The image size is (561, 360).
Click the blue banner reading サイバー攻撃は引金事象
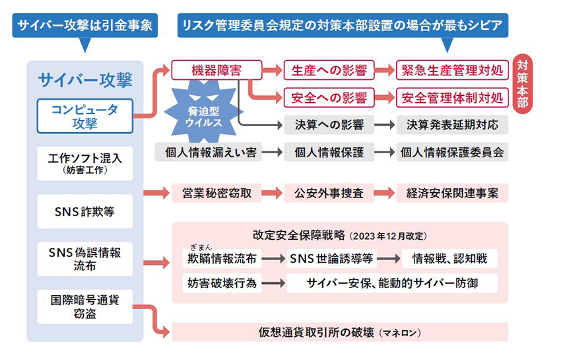coord(85,26)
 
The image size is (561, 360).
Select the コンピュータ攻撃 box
coord(85,116)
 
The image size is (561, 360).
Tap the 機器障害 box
coord(216,69)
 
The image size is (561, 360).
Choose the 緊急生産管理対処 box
coord(452,70)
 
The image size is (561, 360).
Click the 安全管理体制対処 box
coord(452,98)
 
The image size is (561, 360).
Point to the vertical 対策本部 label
coord(522,84)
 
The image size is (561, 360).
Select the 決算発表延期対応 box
coord(452,124)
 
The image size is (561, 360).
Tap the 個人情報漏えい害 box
coord(207,152)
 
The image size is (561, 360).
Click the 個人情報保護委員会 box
coord(452,152)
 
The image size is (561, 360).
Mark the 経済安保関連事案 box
coord(452,193)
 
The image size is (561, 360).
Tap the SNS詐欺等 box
coord(85,211)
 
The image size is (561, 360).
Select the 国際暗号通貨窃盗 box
coord(85,306)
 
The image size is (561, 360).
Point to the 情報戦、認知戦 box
coord(453,258)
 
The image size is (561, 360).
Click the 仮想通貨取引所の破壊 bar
coord(339,332)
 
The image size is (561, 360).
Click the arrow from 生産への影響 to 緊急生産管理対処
coord(385,70)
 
